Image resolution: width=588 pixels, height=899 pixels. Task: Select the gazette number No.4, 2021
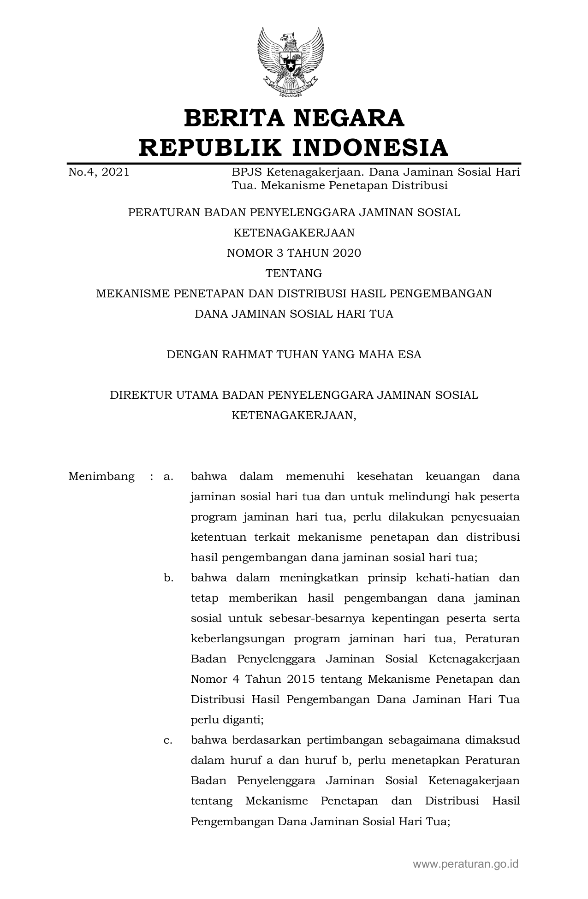pyautogui.click(x=99, y=173)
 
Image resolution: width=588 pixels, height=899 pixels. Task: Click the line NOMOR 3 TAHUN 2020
pyautogui.click(x=294, y=253)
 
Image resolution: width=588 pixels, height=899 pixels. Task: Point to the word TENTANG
pyautogui.click(x=294, y=273)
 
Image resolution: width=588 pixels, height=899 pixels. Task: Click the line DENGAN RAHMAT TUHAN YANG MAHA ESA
pyautogui.click(x=294, y=355)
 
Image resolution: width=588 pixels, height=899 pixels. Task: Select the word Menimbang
pyautogui.click(x=101, y=476)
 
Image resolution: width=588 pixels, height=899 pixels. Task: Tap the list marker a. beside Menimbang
pyautogui.click(x=168, y=476)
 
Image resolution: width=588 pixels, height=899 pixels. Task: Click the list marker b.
pyautogui.click(x=168, y=578)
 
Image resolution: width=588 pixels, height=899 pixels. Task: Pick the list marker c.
pyautogui.click(x=168, y=740)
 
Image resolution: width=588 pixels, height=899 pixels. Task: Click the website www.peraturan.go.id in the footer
pyautogui.click(x=466, y=864)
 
